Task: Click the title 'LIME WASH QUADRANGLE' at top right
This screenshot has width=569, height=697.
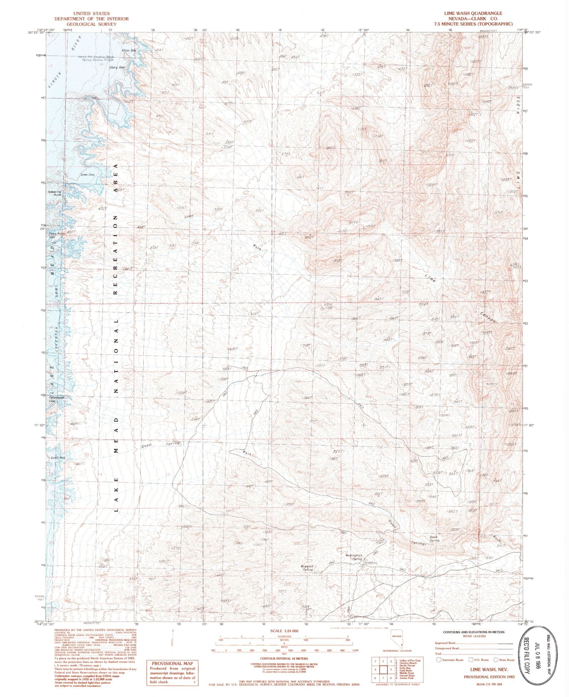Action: pyautogui.click(x=470, y=13)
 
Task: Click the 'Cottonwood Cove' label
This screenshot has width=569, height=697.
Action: pyautogui.click(x=57, y=399)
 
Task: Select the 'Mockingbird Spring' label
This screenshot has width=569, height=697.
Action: pyautogui.click(x=354, y=557)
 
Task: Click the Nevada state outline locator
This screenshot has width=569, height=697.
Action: pyautogui.click(x=397, y=644)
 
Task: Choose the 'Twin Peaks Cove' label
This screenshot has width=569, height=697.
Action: pyautogui.click(x=57, y=236)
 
